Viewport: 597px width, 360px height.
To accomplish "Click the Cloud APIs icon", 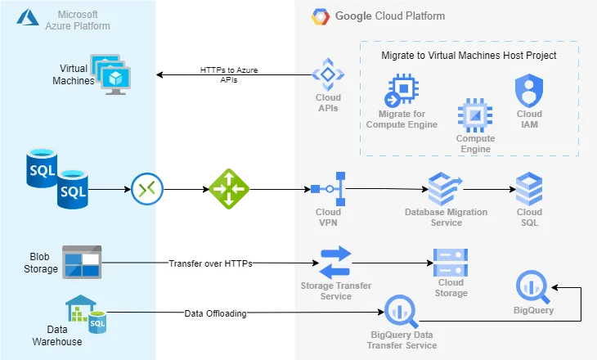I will pos(328,74).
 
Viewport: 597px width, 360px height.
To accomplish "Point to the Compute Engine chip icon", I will pos(475,115).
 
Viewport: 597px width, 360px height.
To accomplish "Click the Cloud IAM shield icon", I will pos(529,90).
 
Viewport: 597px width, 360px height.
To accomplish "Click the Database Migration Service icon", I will pos(446,189).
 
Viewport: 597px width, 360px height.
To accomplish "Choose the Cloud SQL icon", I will pos(529,189).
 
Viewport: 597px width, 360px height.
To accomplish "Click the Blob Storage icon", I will pos(82,262).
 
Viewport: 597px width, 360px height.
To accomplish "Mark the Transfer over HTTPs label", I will pos(210,263).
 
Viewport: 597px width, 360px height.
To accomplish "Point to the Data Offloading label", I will pos(214,313).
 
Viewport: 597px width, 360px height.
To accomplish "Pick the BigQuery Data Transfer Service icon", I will pos(400,312).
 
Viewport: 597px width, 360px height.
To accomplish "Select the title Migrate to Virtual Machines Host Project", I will pos(469,56).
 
